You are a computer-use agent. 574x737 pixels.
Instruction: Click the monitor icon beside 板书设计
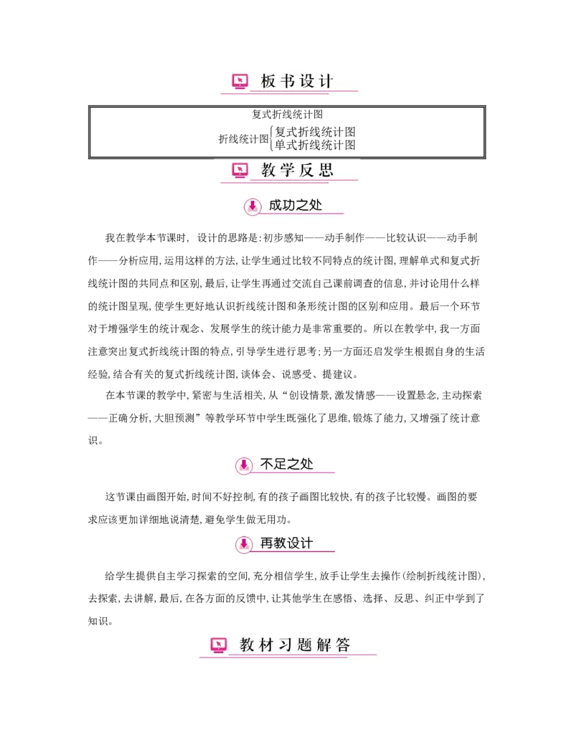tap(240, 82)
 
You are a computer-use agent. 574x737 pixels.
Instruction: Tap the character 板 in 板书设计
tap(268, 82)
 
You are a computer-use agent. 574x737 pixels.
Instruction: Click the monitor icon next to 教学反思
tap(240, 171)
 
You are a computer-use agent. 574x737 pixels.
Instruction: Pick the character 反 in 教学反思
tap(307, 171)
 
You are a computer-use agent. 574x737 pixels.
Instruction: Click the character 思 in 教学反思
tap(326, 171)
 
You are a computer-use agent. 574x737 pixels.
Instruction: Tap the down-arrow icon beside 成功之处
tap(252, 206)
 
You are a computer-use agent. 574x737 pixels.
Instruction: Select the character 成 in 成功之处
tap(276, 205)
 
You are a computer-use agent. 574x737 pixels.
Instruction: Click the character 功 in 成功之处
tap(289, 205)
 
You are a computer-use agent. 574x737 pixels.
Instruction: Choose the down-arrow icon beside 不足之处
tap(244, 465)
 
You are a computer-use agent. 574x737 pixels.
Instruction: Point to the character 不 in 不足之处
tap(267, 464)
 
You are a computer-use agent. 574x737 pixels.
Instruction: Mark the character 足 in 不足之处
tap(281, 464)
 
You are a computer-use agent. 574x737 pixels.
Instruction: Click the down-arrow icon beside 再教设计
tap(244, 544)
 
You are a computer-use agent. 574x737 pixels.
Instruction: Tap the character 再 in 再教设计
tap(267, 543)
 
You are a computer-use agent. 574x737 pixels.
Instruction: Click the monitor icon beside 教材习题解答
tap(219, 645)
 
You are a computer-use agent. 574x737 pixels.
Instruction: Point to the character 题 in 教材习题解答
tap(304, 645)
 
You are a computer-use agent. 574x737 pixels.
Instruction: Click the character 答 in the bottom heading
tap(343, 645)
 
